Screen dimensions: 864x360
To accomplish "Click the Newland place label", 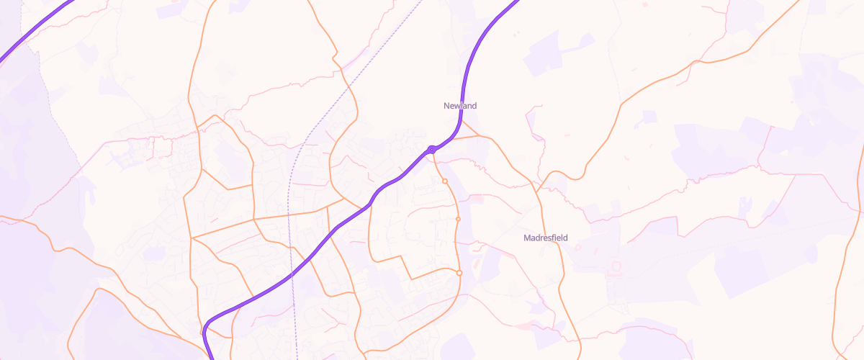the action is pyautogui.click(x=460, y=106).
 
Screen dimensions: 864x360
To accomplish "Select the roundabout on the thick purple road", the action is pyautogui.click(x=431, y=149).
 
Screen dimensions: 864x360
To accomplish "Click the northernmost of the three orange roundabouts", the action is pyautogui.click(x=445, y=181).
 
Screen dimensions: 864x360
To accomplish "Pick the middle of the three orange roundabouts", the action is pyautogui.click(x=458, y=219).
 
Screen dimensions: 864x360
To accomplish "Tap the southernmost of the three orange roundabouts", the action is pyautogui.click(x=459, y=272).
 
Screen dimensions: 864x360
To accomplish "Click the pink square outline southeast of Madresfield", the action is pyautogui.click(x=616, y=267).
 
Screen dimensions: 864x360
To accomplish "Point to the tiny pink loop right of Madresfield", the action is pyautogui.click(x=577, y=247).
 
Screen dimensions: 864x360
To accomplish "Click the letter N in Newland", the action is pyautogui.click(x=446, y=106).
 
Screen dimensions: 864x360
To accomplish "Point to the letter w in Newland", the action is pyautogui.click(x=456, y=106).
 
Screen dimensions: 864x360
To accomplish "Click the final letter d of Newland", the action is pyautogui.click(x=474, y=106).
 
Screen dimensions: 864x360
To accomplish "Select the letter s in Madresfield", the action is pyautogui.click(x=552, y=237).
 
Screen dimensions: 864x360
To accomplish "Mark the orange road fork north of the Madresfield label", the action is pyautogui.click(x=539, y=189).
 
